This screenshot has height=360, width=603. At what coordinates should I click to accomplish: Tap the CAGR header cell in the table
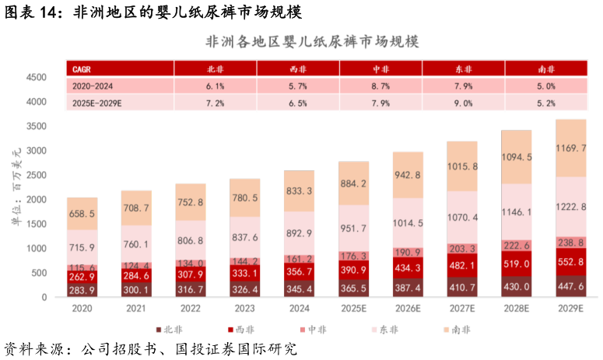[x=82, y=68]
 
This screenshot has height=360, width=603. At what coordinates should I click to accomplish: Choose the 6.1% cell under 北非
[x=215, y=86]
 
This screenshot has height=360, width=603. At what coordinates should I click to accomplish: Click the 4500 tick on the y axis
[x=37, y=78]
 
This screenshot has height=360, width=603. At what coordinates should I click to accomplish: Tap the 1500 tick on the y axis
[x=37, y=224]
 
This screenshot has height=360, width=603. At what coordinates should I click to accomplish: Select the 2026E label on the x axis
[x=408, y=309]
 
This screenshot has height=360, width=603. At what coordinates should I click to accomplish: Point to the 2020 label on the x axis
[x=82, y=309]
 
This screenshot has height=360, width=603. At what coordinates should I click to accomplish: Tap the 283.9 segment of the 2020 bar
[x=82, y=290]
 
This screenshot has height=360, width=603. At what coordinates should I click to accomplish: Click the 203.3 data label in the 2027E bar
[x=463, y=248]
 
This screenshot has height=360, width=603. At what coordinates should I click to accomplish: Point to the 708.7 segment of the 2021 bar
[x=136, y=208]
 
